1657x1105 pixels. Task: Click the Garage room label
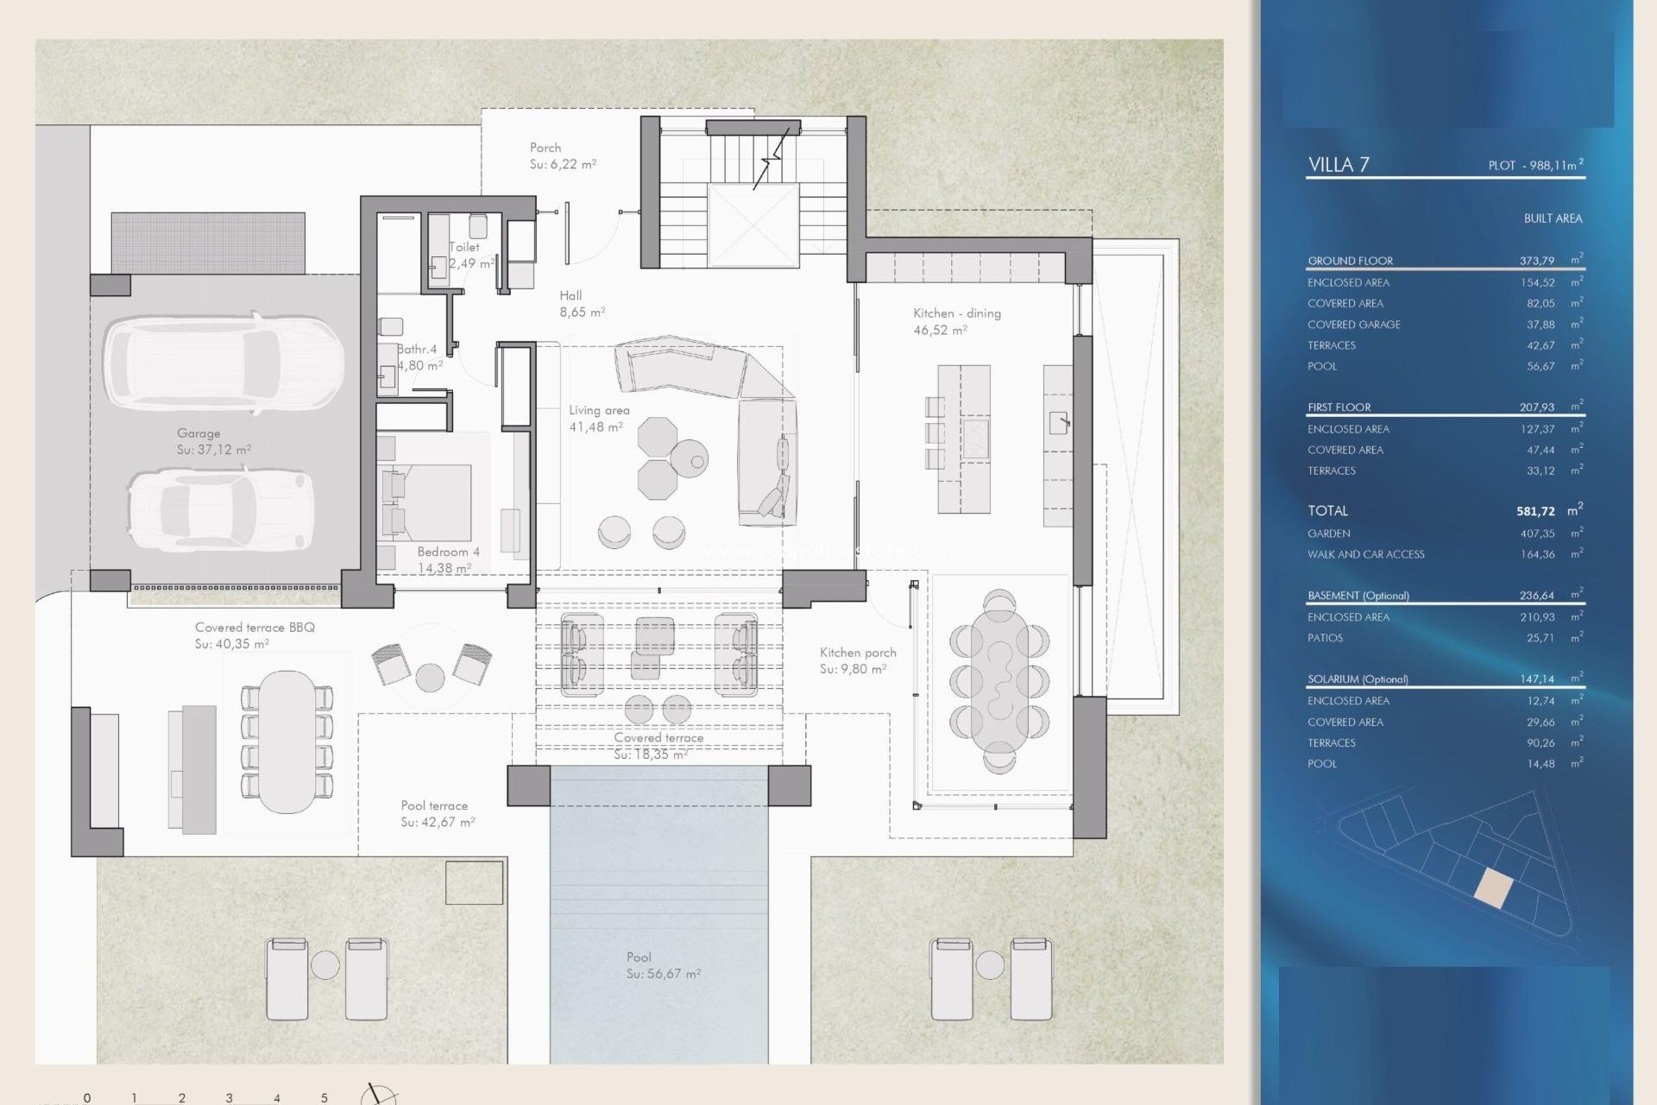click(198, 433)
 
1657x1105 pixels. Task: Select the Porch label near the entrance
click(545, 148)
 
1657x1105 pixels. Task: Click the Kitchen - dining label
click(956, 313)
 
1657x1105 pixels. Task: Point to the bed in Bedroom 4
click(428, 502)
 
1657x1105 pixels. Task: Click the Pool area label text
click(639, 957)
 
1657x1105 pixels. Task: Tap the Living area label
click(599, 411)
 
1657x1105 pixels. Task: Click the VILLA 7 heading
click(1338, 165)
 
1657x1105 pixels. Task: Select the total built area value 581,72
click(1535, 511)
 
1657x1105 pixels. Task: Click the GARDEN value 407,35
click(1537, 534)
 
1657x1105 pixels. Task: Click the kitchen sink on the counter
click(1058, 422)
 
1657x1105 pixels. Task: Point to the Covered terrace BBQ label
click(255, 628)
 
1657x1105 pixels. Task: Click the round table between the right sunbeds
click(990, 964)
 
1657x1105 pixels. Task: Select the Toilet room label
click(464, 247)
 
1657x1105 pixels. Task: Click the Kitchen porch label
click(858, 653)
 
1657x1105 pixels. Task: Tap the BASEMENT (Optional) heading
click(1358, 596)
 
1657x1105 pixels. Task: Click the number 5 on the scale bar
click(324, 1098)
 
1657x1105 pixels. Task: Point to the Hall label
click(570, 295)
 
